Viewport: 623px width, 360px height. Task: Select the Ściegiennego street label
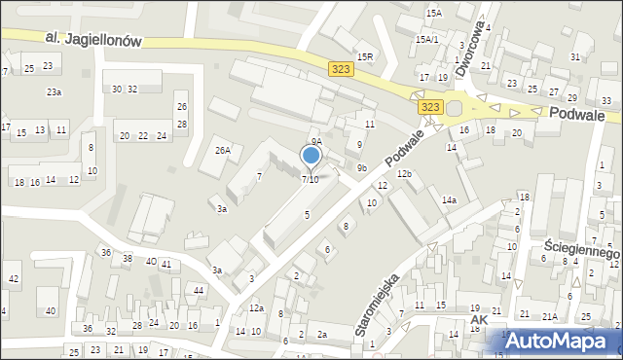pyautogui.click(x=582, y=252)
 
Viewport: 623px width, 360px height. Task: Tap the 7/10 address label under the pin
pyautogui.click(x=311, y=179)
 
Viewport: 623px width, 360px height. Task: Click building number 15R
pyautogui.click(x=365, y=57)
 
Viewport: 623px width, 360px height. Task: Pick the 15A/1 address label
pyautogui.click(x=426, y=40)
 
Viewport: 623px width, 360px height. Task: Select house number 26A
pyautogui.click(x=223, y=150)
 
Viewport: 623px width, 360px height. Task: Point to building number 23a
pyautogui.click(x=55, y=91)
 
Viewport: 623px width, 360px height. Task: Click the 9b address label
pyautogui.click(x=361, y=168)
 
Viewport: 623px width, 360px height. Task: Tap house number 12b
pyautogui.click(x=404, y=173)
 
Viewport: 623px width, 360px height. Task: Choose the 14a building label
pyautogui.click(x=448, y=199)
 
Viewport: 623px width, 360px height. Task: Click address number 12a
pyautogui.click(x=256, y=307)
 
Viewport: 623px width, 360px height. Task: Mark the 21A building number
pyautogui.click(x=550, y=316)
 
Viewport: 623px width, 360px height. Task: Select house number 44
pyautogui.click(x=199, y=290)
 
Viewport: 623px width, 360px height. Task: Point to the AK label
pyautogui.click(x=478, y=318)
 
